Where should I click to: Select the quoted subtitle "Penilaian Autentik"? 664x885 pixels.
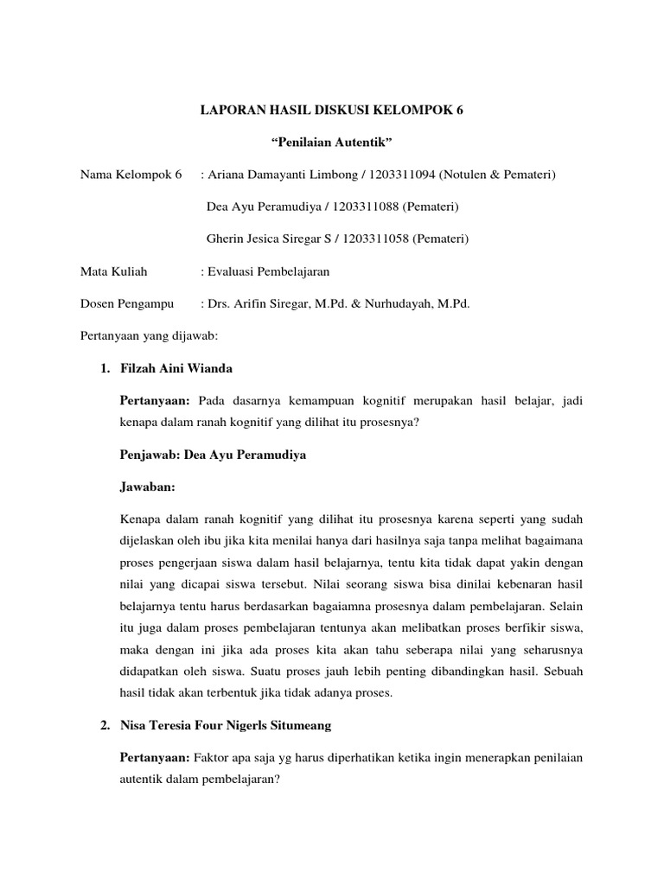tap(332, 143)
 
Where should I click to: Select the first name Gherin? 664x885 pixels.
tap(226, 239)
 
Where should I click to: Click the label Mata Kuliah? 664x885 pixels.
tap(113, 271)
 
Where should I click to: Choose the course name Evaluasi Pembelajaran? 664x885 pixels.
tap(268, 271)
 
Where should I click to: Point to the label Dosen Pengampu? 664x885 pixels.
tap(126, 303)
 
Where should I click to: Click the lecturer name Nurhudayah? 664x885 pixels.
tap(427, 303)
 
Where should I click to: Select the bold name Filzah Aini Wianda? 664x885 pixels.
tap(176, 369)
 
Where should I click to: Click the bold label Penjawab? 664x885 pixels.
tap(150, 454)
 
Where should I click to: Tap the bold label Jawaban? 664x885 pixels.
tap(147, 487)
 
